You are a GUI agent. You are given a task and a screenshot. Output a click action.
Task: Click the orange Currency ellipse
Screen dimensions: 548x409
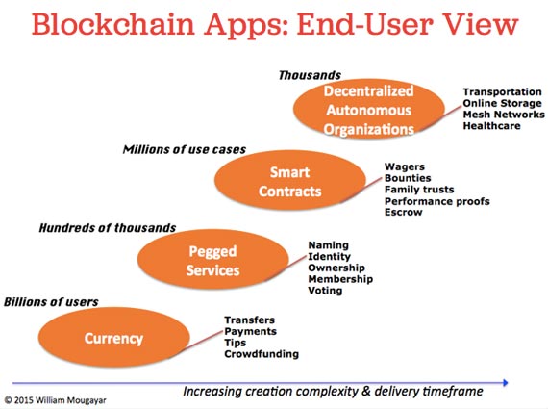point(114,338)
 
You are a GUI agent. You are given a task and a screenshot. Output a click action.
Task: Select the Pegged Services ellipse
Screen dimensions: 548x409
point(213,260)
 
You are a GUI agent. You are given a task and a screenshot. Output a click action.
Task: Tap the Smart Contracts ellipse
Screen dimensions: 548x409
point(290,181)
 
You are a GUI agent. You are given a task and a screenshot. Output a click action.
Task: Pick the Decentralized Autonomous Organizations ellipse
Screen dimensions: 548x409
point(369,109)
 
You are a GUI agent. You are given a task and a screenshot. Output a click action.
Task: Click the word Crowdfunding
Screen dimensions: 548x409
point(262,354)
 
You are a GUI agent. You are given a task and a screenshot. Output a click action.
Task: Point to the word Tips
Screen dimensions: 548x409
point(236,343)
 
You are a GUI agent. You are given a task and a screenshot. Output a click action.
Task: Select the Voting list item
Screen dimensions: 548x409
point(325,291)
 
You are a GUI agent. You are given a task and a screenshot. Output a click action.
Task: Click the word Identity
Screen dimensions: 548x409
point(329,256)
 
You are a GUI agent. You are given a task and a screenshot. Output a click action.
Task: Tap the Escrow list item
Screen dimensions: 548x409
point(404,212)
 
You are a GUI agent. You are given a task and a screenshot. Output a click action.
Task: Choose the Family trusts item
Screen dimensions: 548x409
point(419,190)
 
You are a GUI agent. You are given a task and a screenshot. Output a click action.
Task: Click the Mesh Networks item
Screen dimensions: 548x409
point(504,115)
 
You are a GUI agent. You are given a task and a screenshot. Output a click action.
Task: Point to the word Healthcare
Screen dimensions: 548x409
point(491,126)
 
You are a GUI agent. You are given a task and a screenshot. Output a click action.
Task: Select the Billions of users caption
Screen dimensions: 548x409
point(51,302)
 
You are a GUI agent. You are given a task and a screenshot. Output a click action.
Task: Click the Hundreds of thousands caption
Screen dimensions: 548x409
point(108,228)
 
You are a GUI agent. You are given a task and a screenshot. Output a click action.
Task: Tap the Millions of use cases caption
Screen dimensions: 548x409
point(185,149)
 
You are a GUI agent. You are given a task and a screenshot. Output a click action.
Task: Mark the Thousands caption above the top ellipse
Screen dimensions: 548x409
point(310,75)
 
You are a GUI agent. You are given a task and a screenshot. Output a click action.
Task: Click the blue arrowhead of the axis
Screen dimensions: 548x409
point(505,382)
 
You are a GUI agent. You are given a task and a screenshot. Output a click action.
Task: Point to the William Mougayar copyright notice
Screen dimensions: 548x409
point(55,400)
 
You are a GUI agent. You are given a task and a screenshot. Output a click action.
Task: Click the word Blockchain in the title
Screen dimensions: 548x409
point(113,24)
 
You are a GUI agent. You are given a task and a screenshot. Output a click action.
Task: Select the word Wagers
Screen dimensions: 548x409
point(405,166)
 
